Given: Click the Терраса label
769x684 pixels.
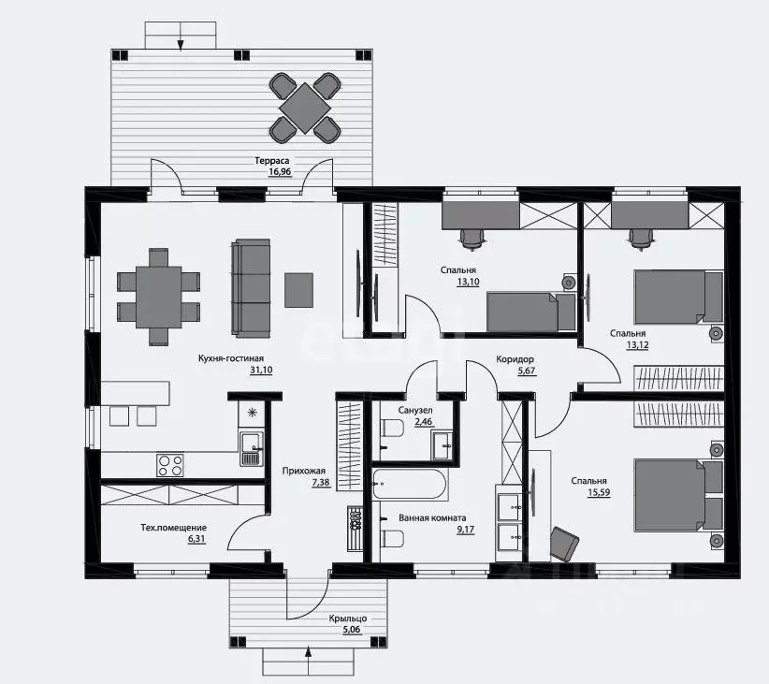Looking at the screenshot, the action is [x=271, y=160].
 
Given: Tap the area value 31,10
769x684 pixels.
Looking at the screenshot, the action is [x=261, y=370].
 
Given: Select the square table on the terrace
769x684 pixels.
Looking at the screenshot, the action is [x=305, y=108].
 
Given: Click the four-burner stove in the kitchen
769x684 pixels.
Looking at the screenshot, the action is [x=170, y=465].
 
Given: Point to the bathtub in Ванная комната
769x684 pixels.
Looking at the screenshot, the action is [x=410, y=485].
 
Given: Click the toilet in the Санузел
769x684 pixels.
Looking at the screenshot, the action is [x=392, y=429].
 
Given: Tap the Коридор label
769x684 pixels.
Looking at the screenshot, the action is [x=515, y=359].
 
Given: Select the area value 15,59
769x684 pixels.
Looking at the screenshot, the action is [x=599, y=492].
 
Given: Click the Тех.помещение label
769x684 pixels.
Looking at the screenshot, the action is [x=174, y=528].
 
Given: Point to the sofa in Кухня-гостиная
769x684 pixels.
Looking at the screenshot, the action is [x=251, y=288].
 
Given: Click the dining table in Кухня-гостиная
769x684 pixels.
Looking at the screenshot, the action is [x=158, y=297].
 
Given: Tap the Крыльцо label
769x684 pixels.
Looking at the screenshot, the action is [x=348, y=619].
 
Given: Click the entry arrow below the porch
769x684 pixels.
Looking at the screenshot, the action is [x=309, y=661].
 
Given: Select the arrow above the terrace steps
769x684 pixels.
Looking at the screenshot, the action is [x=181, y=36].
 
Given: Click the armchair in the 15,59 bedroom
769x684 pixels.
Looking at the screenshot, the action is [x=564, y=544].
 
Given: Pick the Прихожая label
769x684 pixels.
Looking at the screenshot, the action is [x=304, y=471].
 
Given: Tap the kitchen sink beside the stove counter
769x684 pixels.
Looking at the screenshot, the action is [x=251, y=448].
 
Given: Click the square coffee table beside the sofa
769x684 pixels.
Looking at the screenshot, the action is [x=298, y=290].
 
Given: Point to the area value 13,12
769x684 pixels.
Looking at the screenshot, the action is [x=638, y=345].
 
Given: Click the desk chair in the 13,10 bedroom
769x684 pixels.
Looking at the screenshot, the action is [x=472, y=239].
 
